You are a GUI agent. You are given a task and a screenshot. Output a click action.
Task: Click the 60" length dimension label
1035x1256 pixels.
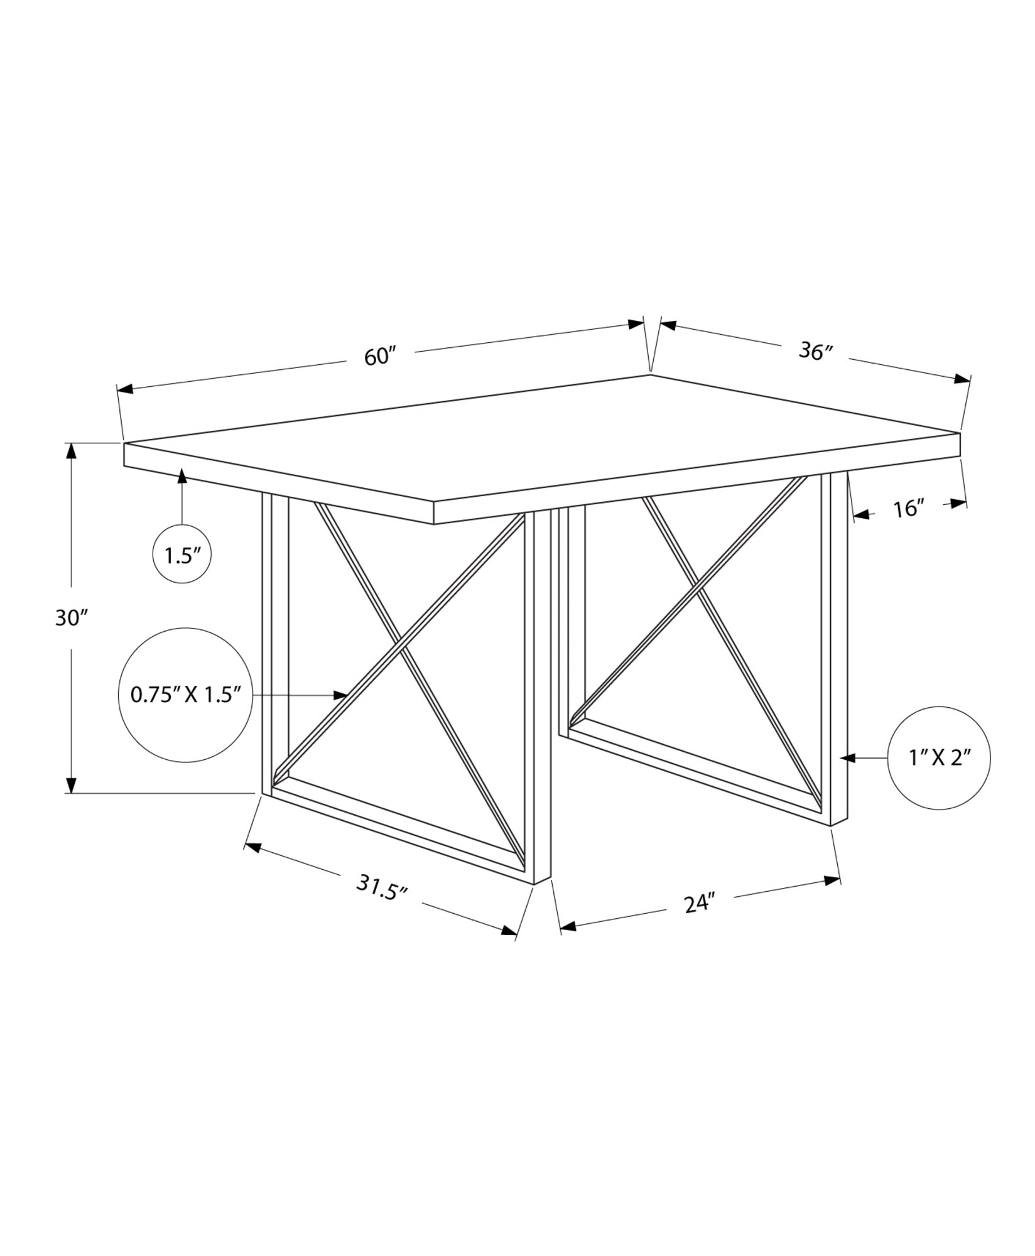click(381, 357)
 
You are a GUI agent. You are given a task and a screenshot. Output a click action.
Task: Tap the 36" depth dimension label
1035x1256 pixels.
click(815, 352)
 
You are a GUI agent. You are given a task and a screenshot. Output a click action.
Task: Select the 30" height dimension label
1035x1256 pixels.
click(70, 618)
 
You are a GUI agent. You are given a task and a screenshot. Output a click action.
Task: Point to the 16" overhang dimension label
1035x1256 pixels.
click(909, 509)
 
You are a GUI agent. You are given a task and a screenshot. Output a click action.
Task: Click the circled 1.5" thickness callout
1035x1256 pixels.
click(182, 555)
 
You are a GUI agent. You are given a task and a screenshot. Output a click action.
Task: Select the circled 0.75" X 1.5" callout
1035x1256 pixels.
click(185, 695)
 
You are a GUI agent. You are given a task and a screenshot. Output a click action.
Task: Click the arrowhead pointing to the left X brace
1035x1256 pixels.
click(341, 695)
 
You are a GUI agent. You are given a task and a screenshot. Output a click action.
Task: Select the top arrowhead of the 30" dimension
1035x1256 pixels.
click(72, 451)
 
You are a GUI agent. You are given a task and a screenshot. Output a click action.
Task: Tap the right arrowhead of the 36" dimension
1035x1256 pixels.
click(962, 379)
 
